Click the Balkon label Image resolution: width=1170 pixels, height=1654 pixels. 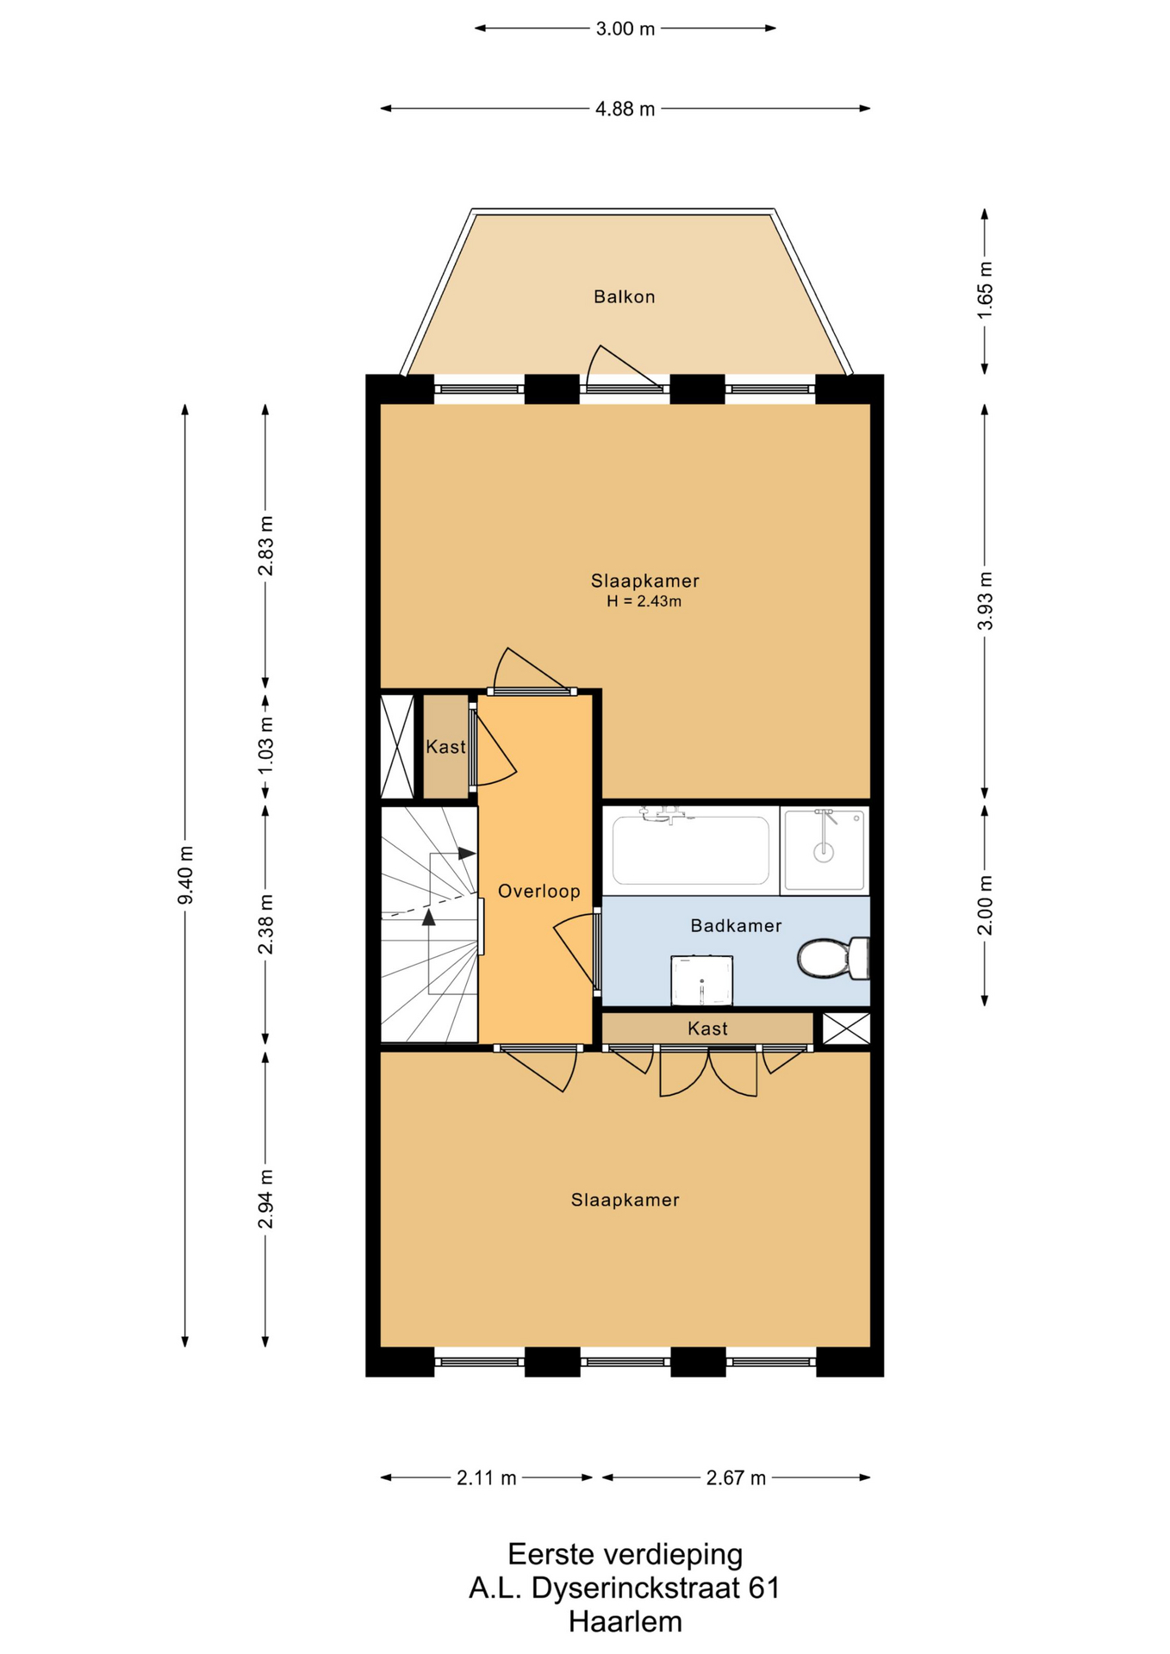pyautogui.click(x=624, y=296)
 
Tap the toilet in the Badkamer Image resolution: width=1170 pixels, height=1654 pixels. pyautogui.click(x=834, y=958)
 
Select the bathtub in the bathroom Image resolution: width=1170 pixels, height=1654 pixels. pyautogui.click(x=690, y=849)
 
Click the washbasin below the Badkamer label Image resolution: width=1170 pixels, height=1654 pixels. pyautogui.click(x=702, y=980)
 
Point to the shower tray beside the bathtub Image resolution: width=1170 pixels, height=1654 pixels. pyautogui.click(x=824, y=849)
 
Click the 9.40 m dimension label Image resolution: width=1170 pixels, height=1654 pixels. pyautogui.click(x=185, y=875)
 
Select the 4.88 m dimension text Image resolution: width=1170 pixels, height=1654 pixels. pyautogui.click(x=625, y=109)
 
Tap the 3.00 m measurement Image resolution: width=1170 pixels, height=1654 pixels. pyautogui.click(x=625, y=28)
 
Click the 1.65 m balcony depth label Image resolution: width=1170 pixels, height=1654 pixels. pyautogui.click(x=985, y=290)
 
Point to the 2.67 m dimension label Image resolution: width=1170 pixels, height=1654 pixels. pyautogui.click(x=736, y=1478)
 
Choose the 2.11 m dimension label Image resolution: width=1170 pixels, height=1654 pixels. pyautogui.click(x=486, y=1478)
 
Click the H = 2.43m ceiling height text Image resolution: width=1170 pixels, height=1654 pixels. pyautogui.click(x=644, y=601)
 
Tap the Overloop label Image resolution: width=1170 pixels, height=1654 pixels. pyautogui.click(x=539, y=892)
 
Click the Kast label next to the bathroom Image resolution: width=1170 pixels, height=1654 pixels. pyautogui.click(x=707, y=1029)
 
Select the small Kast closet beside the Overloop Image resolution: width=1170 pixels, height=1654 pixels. pyautogui.click(x=445, y=746)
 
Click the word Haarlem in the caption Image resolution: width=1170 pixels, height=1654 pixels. pyautogui.click(x=625, y=1621)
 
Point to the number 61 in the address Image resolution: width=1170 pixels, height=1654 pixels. pyautogui.click(x=763, y=1588)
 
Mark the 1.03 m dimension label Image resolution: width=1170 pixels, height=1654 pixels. pyautogui.click(x=265, y=745)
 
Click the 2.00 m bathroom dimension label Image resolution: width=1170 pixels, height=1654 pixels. pyautogui.click(x=985, y=905)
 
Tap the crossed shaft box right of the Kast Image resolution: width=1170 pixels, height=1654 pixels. pyautogui.click(x=846, y=1029)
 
